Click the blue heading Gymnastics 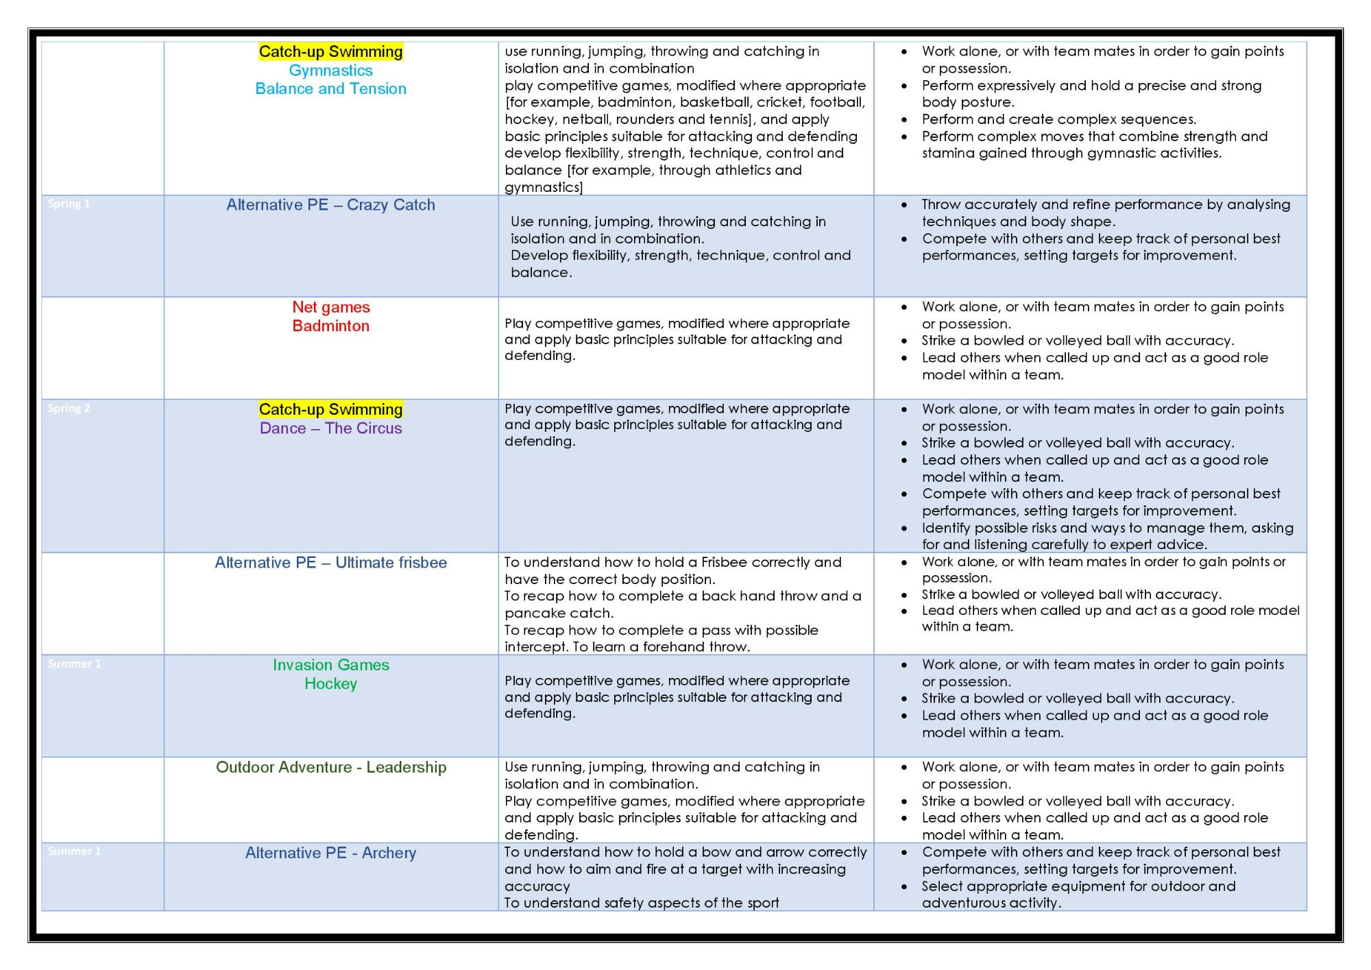click(330, 71)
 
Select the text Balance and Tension click(330, 89)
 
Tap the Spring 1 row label click(69, 204)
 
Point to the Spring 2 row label click(69, 409)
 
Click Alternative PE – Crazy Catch click(330, 205)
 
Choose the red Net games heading click(330, 307)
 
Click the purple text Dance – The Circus click(330, 428)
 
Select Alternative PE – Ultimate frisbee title click(330, 563)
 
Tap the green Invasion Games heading click(330, 665)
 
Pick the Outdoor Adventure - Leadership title click(330, 767)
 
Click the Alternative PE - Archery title click(330, 853)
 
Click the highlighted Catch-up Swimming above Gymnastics click(330, 52)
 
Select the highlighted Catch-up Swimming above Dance click(330, 409)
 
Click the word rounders click(644, 119)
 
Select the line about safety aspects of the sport click(642, 903)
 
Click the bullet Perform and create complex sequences click(1058, 119)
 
